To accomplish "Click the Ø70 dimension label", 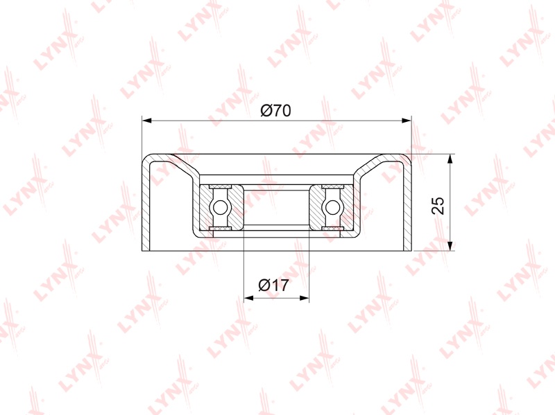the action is coord(275,111).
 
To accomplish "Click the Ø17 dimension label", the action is coord(273,285).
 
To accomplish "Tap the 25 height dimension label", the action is coord(438,205).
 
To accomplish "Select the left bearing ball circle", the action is coord(219,208).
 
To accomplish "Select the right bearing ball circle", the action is coord(332,208).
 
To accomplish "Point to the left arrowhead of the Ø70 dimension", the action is coord(147,121).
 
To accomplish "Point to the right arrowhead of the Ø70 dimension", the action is coord(407,121).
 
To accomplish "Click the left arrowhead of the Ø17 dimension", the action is coord(249,298).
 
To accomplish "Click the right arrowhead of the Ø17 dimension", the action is coord(304,298).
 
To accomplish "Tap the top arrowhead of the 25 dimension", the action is coord(450,159).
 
